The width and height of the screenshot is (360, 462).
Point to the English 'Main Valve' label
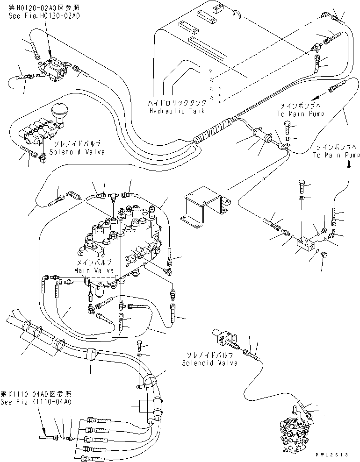click(94, 270)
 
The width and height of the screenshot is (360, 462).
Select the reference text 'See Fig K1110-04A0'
click(36, 401)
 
